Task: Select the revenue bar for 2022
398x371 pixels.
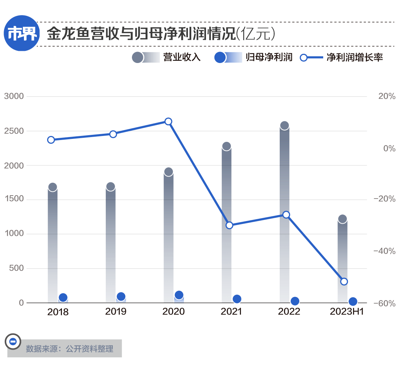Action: click(x=284, y=214)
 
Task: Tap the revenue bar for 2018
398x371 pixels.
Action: click(x=53, y=243)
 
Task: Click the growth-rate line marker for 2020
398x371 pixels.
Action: click(x=168, y=122)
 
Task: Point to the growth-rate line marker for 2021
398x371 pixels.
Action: click(x=229, y=225)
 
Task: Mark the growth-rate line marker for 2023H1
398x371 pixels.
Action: click(x=344, y=281)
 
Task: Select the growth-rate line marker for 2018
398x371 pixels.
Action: click(x=51, y=140)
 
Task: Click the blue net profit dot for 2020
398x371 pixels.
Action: click(x=179, y=295)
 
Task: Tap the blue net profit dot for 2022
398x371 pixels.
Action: click(x=295, y=301)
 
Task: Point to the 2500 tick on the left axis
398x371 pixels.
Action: click(x=14, y=131)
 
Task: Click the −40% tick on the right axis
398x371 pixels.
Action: click(x=384, y=251)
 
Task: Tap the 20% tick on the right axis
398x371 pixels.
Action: click(x=387, y=97)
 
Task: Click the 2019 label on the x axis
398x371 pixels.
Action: click(x=116, y=312)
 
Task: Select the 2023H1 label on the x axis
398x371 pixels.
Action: click(x=347, y=312)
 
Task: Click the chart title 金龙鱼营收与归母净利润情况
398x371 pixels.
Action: click(x=140, y=34)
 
